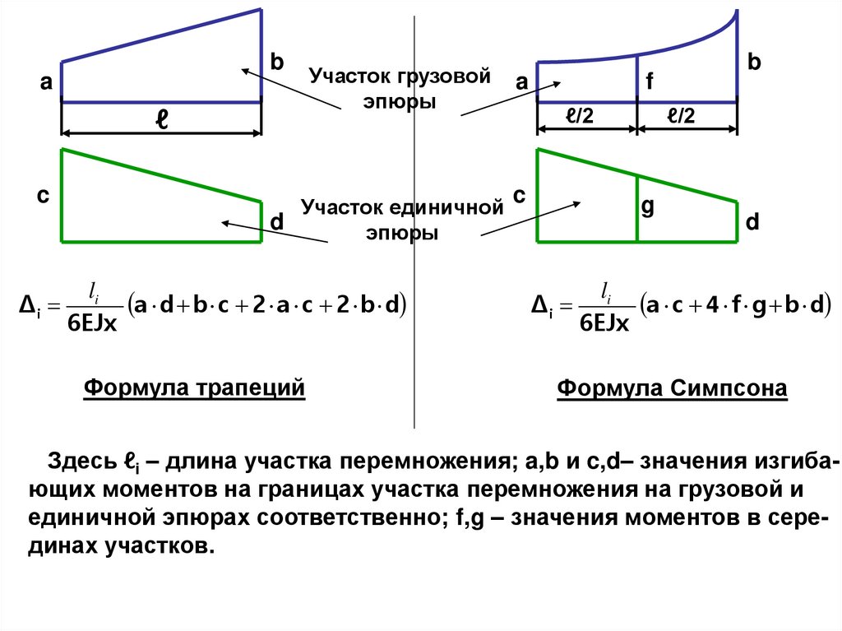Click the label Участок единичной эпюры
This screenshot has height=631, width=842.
(x=401, y=219)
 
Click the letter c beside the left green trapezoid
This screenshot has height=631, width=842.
(x=43, y=197)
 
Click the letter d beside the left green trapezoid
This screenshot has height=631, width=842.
(x=277, y=222)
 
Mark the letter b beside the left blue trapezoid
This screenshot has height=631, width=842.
(x=276, y=63)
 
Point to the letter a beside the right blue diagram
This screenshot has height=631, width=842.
(x=520, y=82)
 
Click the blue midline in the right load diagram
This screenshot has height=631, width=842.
(x=637, y=78)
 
